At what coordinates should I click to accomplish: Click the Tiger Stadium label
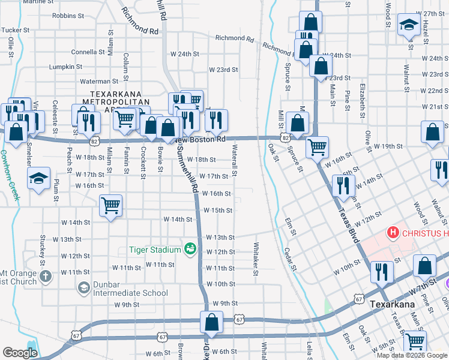point(154,250)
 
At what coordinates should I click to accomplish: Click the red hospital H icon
point(393,232)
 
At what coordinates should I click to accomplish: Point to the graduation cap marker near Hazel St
point(409,25)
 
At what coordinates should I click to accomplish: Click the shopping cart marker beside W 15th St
point(110,206)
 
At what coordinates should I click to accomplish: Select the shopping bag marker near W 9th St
point(212,323)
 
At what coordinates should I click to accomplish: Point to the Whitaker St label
point(255,259)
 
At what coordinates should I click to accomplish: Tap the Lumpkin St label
point(65,67)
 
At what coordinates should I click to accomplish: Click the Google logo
point(20,353)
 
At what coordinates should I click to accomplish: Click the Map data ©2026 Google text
point(412,355)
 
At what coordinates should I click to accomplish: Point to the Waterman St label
point(99,81)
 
